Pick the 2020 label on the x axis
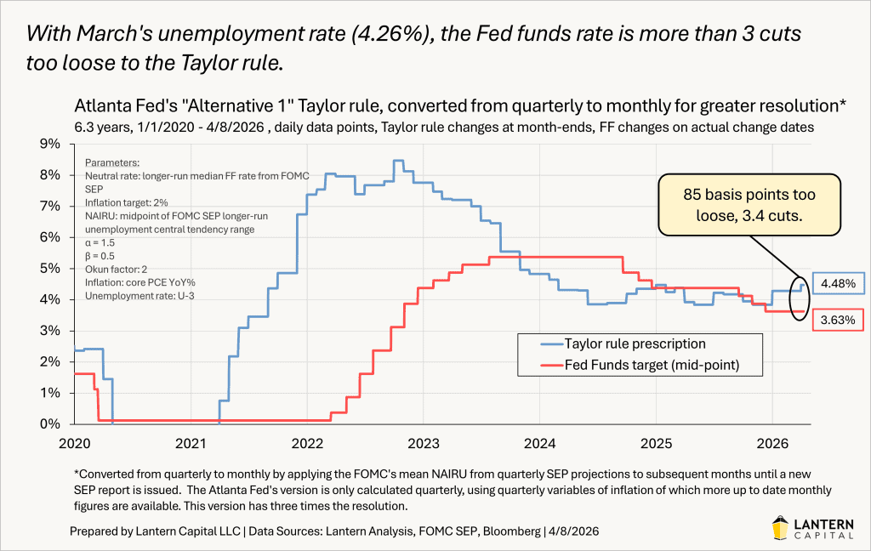75,442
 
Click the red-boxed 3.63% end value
839,321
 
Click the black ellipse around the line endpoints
800,298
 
